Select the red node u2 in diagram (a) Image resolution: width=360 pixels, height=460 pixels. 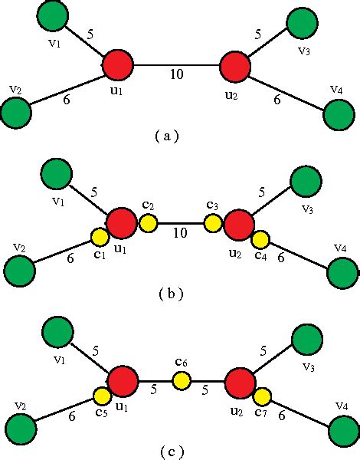click(235, 66)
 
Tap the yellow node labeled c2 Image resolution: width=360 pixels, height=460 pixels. click(149, 223)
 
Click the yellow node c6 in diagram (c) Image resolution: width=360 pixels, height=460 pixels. click(182, 380)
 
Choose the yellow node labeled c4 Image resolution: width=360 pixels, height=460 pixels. click(260, 240)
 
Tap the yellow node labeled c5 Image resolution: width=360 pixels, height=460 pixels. click(102, 396)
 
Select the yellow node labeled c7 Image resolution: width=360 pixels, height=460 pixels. click(262, 396)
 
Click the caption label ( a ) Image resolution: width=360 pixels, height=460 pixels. click(165, 136)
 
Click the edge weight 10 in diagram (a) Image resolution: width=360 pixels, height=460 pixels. click(178, 75)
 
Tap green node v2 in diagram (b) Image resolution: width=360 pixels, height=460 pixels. click(19, 271)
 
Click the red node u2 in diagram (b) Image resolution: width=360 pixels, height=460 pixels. click(240, 224)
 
